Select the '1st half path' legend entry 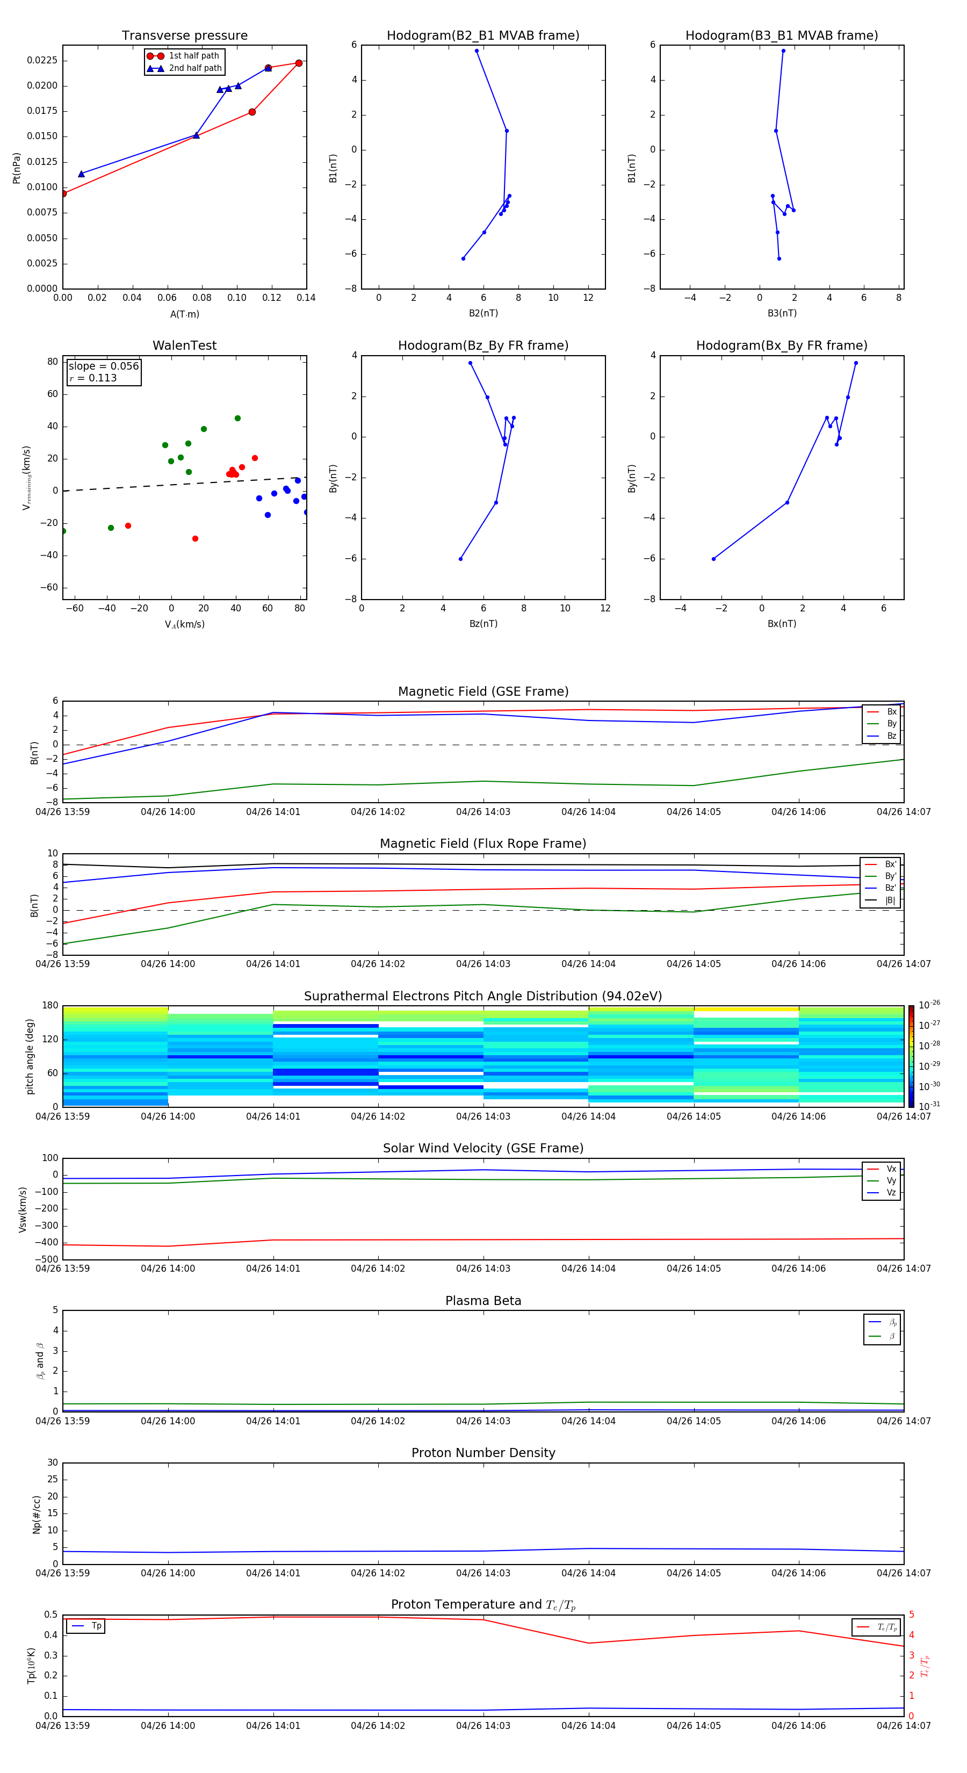click(x=193, y=56)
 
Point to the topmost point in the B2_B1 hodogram click(x=477, y=51)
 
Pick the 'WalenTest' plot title click(x=184, y=345)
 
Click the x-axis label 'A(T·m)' click(x=184, y=314)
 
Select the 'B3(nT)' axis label click(x=782, y=313)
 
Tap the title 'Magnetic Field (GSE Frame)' click(x=483, y=691)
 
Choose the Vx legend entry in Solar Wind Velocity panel click(x=891, y=1169)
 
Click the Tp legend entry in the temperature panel click(x=96, y=1626)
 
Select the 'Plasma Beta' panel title click(x=483, y=1301)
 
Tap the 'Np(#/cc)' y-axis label click(x=37, y=1514)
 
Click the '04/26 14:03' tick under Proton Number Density click(x=483, y=1573)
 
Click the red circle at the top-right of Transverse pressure click(x=299, y=63)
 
